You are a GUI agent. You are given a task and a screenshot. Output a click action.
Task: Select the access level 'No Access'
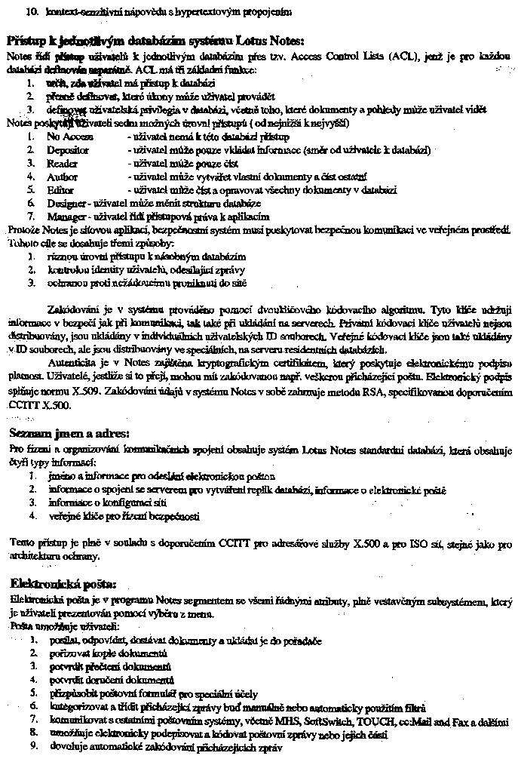pos(69,137)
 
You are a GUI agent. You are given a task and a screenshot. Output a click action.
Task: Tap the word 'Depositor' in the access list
pos(68,150)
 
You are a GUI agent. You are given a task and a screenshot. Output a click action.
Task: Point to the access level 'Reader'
pos(62,163)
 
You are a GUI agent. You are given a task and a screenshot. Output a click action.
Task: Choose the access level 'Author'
pos(62,177)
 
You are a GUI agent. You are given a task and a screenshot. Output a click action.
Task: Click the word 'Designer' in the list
pos(66,203)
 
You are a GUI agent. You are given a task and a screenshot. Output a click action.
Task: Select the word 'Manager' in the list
pos(66,216)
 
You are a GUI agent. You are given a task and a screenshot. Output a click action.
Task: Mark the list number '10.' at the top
pos(32,13)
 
